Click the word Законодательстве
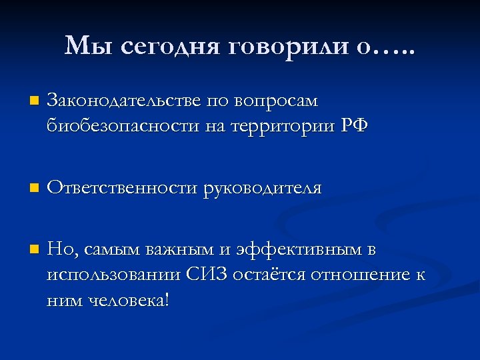pos(123,101)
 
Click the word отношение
pos(361,275)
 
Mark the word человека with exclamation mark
pos(130,300)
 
